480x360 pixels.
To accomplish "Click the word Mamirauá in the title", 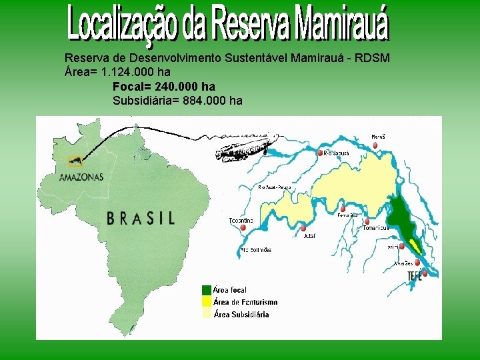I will (x=342, y=24).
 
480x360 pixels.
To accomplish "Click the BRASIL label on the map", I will (x=141, y=218).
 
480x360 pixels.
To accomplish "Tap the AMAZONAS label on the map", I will (x=81, y=177).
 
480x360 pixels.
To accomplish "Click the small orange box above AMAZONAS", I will (x=75, y=161).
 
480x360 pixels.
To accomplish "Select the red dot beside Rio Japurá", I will (x=320, y=153).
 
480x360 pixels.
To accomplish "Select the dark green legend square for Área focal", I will (x=207, y=290).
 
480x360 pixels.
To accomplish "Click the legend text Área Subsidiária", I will (x=241, y=315).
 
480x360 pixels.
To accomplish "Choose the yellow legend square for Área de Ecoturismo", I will (x=207, y=302).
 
